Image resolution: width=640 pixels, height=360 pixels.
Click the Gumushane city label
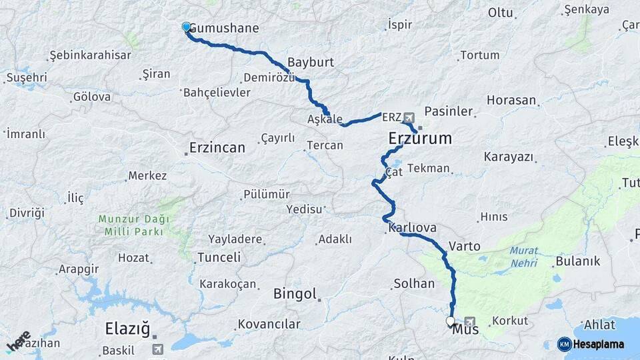tap(224, 29)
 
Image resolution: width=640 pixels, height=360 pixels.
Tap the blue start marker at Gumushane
tap(186, 27)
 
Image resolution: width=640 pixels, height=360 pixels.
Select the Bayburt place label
tap(310, 63)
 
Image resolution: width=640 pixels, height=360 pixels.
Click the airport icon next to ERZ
tap(408, 117)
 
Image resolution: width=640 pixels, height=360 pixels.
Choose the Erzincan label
tap(217, 147)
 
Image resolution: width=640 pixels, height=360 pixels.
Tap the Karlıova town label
tap(411, 228)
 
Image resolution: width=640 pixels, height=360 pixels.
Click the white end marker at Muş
tap(450, 321)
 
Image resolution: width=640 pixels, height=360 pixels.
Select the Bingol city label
tap(295, 294)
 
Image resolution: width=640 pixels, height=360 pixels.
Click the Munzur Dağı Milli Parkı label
tap(133, 225)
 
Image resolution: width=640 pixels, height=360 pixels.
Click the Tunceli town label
tap(219, 257)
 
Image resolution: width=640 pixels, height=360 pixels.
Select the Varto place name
tap(465, 246)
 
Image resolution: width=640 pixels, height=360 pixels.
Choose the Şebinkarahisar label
tap(90, 55)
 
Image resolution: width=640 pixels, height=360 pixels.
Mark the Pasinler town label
tap(448, 111)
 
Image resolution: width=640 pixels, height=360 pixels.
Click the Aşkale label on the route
tap(325, 119)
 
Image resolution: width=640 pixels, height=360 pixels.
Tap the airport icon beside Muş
tap(471, 321)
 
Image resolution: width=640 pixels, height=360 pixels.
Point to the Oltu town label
tap(500, 13)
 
